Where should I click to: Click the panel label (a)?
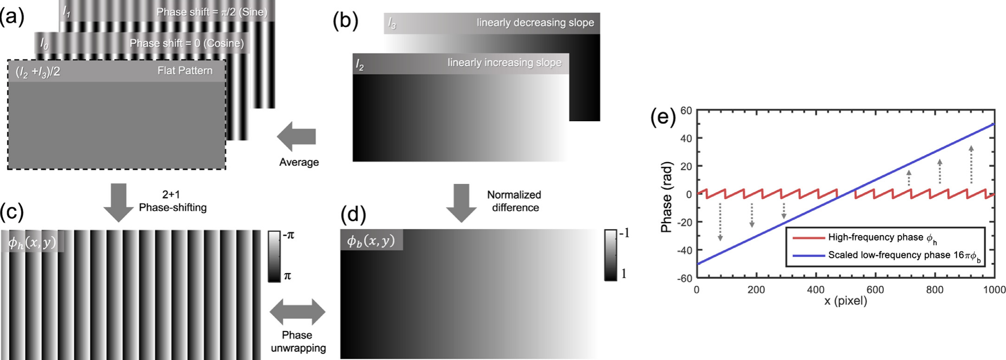point(12,17)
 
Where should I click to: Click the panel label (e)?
point(663,118)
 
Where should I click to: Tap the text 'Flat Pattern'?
point(185,71)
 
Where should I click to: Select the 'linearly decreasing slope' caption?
point(535,23)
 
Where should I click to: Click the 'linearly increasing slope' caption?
point(505,63)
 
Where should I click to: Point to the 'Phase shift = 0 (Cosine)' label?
point(187,43)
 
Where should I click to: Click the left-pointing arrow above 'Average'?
point(296,137)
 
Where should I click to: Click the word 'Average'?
point(299,162)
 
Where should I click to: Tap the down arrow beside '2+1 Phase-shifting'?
point(118,203)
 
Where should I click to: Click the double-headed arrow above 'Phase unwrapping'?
point(297,312)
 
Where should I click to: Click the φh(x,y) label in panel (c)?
point(32,242)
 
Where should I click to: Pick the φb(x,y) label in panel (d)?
point(371,240)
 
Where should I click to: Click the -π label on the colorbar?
point(289,235)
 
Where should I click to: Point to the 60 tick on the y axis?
point(686,111)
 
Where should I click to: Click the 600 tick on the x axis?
point(875,290)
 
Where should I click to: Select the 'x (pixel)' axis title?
point(845,301)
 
